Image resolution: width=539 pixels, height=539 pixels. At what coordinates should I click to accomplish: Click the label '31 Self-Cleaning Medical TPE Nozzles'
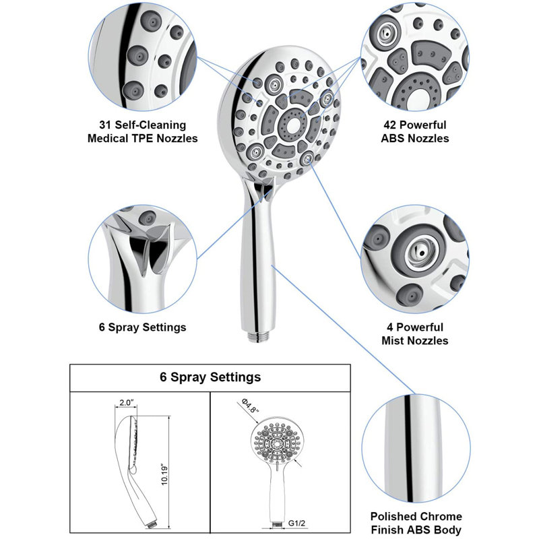[x=143, y=131]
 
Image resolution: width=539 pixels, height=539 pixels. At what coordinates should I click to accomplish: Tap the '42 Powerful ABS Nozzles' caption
[x=415, y=131]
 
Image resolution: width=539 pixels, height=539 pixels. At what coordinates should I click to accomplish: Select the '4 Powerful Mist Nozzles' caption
[x=415, y=334]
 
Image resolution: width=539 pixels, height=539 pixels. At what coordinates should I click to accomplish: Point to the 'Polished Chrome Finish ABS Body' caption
[x=416, y=523]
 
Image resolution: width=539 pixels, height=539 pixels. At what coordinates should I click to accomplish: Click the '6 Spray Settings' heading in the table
[x=210, y=377]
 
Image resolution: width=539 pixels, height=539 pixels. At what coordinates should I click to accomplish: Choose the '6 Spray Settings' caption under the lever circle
[x=143, y=327]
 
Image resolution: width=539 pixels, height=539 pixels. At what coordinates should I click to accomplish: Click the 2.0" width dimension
[x=126, y=402]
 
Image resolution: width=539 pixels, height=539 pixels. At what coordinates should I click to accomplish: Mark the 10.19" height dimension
[x=164, y=476]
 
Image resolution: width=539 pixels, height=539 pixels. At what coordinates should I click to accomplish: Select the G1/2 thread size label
[x=296, y=524]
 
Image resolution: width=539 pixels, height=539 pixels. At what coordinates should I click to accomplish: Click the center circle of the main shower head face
[x=292, y=125]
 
